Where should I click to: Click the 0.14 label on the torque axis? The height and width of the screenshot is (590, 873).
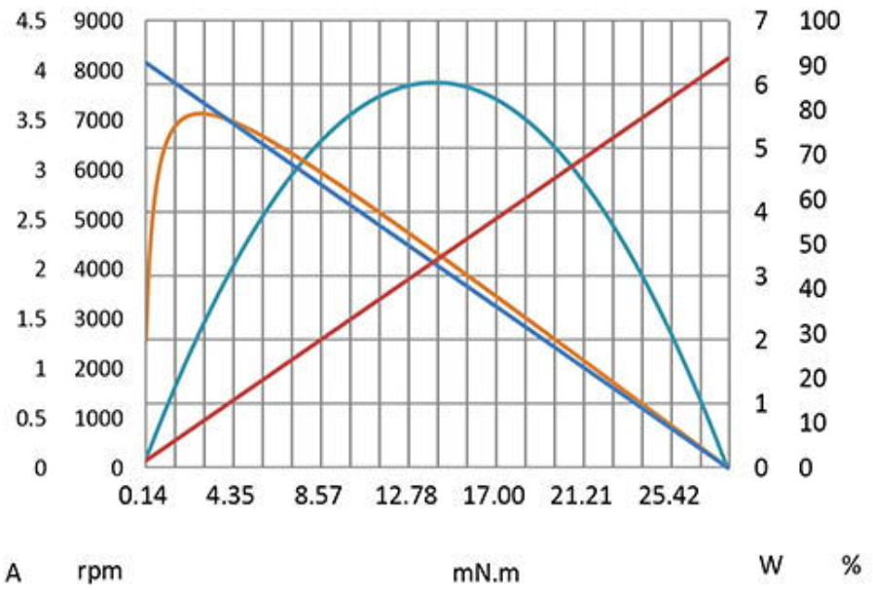click(x=143, y=497)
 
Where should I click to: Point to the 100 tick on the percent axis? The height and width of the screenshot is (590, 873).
click(x=818, y=20)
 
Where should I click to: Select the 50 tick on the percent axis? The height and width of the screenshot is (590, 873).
click(x=814, y=243)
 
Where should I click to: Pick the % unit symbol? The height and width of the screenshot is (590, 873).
click(x=852, y=565)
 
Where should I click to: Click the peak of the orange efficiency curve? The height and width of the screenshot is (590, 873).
click(x=200, y=113)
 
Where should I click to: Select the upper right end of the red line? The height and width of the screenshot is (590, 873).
click(x=728, y=58)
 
